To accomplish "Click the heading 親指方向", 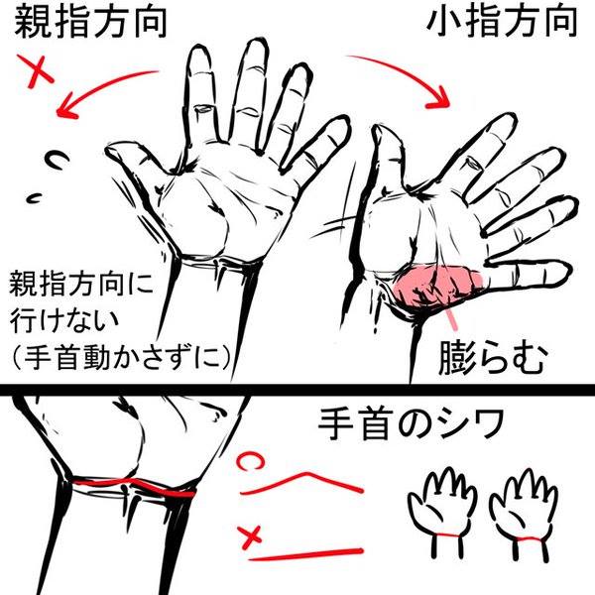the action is coord(90,22).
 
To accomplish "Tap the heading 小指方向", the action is coord(502,22).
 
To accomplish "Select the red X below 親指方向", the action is coord(36,71).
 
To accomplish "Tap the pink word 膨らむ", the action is coord(493,358).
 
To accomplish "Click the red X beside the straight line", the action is coord(250,536).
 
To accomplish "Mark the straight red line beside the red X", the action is coord(305,554).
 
